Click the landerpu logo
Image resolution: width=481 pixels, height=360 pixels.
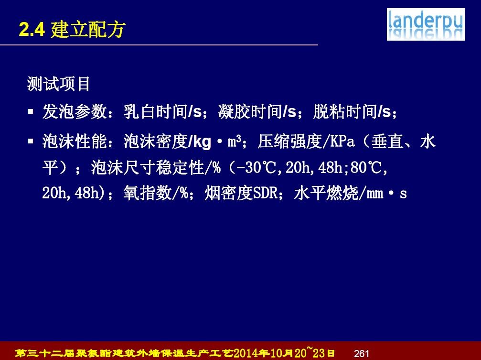click(426, 24)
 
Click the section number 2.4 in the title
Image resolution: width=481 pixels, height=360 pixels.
click(32, 30)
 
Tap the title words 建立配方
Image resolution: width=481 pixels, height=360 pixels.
click(88, 30)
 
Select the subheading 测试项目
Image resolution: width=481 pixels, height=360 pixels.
click(58, 84)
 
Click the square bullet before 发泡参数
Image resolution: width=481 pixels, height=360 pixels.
click(31, 111)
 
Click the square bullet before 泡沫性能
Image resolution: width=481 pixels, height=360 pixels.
click(31, 142)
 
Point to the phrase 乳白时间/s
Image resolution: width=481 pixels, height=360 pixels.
click(162, 111)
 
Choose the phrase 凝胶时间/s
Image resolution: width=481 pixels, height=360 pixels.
click(257, 111)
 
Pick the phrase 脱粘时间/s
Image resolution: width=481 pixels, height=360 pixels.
click(352, 111)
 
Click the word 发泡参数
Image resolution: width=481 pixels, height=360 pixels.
click(74, 111)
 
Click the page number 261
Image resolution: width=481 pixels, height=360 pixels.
click(362, 354)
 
